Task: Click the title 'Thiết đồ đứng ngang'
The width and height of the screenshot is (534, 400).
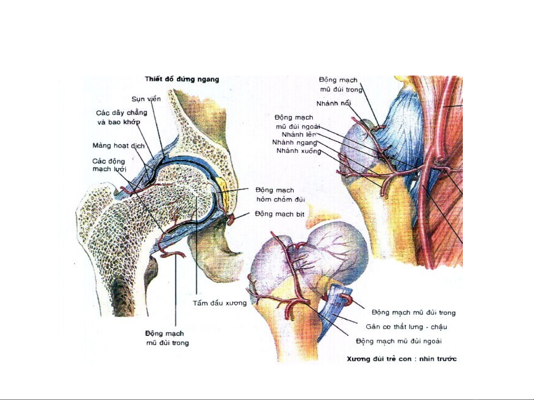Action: pyautogui.click(x=182, y=79)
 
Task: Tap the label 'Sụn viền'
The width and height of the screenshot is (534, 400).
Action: pyautogui.click(x=146, y=99)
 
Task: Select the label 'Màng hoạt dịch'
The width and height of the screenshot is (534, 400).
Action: pyautogui.click(x=118, y=145)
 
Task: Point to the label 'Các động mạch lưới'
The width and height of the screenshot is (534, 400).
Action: pyautogui.click(x=109, y=165)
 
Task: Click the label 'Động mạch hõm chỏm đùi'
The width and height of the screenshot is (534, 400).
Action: pyautogui.click(x=280, y=195)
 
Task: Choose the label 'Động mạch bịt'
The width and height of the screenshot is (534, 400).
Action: pyautogui.click(x=279, y=214)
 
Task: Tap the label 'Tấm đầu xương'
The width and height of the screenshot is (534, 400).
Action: pyautogui.click(x=219, y=303)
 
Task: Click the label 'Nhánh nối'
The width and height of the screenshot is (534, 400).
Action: pyautogui.click(x=334, y=103)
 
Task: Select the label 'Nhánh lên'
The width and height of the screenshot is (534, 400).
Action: pyautogui.click(x=299, y=134)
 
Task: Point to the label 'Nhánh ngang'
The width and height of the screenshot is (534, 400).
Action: pyautogui.click(x=295, y=142)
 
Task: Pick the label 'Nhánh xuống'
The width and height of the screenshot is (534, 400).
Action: pyautogui.click(x=298, y=151)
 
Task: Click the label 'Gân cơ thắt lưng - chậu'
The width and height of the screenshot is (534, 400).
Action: pyautogui.click(x=406, y=327)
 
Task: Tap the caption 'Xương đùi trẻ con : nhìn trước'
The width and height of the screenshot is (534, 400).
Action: pyautogui.click(x=401, y=359)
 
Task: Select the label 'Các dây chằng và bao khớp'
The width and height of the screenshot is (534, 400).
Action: pyautogui.click(x=121, y=117)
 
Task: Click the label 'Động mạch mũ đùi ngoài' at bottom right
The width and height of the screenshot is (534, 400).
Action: pyautogui.click(x=398, y=341)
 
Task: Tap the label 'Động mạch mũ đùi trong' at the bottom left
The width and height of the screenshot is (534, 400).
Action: pyautogui.click(x=167, y=338)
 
